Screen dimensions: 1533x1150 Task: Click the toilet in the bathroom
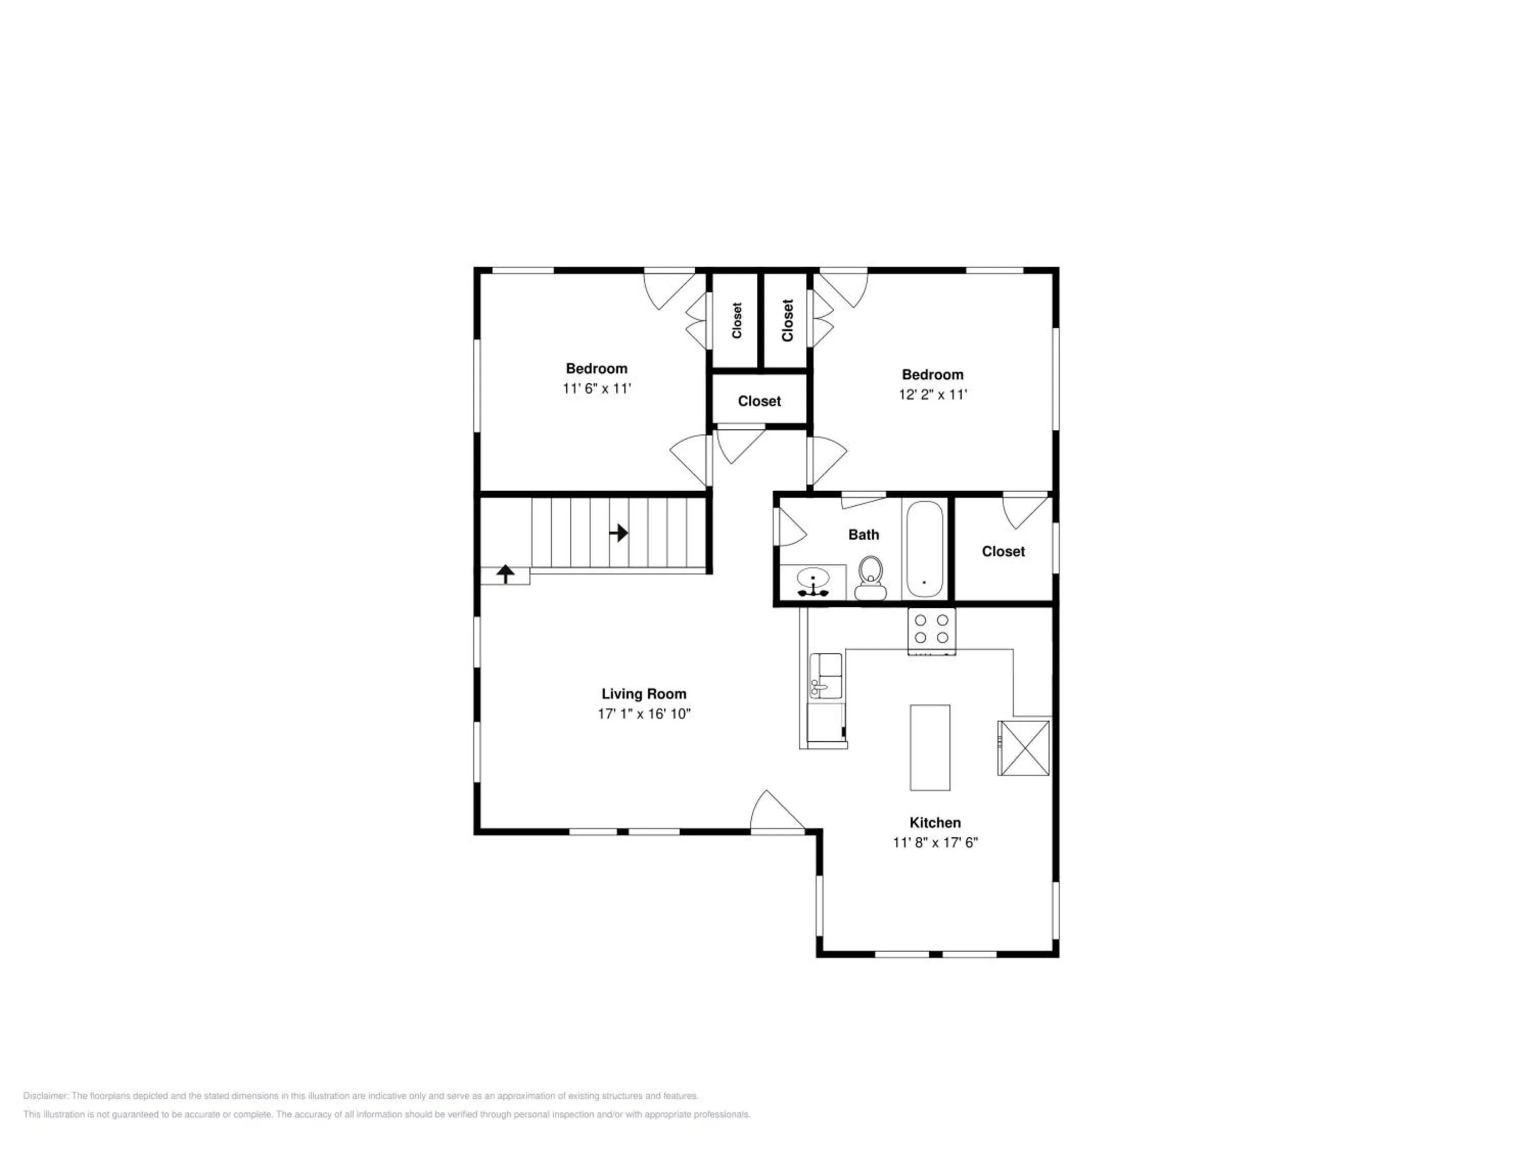click(x=870, y=578)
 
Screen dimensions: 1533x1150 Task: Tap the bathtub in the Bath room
click(x=924, y=549)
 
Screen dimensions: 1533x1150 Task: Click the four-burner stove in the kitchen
click(x=932, y=630)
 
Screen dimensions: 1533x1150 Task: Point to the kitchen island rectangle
click(x=930, y=747)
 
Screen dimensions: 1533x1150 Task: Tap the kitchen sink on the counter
click(x=825, y=676)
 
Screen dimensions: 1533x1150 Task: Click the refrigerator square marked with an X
click(x=1024, y=748)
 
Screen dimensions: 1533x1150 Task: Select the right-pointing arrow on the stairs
click(x=619, y=533)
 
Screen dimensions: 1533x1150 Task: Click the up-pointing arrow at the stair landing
click(x=506, y=574)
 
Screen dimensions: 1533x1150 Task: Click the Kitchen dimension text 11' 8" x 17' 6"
click(x=935, y=843)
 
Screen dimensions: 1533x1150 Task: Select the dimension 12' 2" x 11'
click(x=933, y=395)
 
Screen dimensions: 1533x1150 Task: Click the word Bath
click(x=864, y=535)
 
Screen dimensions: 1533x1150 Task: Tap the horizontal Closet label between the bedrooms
click(x=759, y=401)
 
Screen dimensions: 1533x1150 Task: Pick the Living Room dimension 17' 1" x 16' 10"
click(x=644, y=714)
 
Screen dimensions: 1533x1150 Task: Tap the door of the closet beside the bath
click(x=1025, y=510)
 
